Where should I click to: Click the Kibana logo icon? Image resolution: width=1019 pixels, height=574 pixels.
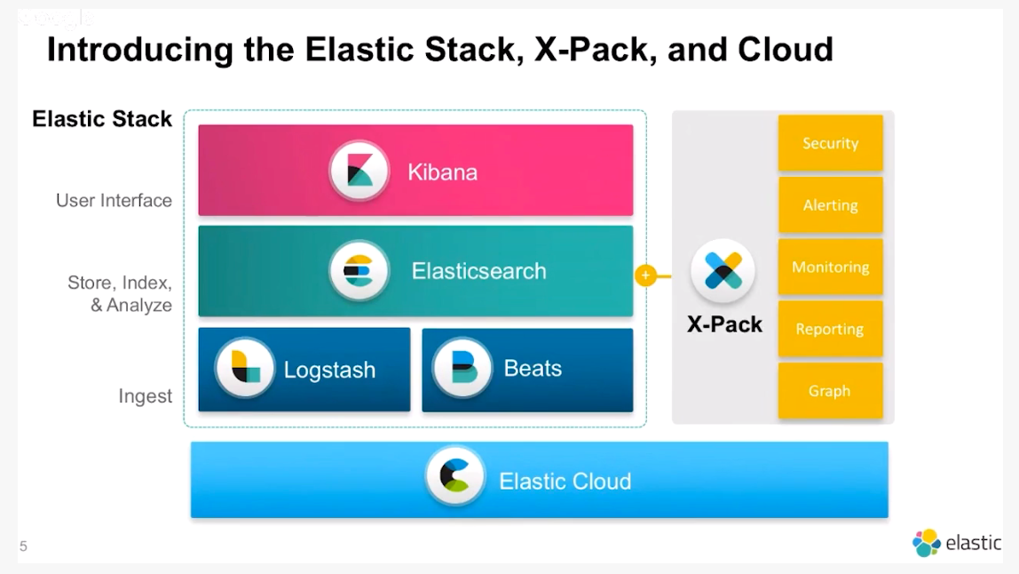[359, 171]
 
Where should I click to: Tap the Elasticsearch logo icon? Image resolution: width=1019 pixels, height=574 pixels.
[359, 271]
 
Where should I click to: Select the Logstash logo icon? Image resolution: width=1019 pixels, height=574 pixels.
[245, 369]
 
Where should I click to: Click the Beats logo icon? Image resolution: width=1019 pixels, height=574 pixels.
[462, 369]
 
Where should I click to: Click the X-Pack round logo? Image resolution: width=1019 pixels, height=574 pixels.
[723, 272]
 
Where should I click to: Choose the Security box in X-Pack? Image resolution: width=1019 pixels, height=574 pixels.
[830, 143]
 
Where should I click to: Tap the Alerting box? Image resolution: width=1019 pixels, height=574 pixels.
[830, 205]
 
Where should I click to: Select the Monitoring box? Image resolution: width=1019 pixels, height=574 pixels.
[830, 267]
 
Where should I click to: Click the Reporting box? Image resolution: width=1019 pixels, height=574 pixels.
[830, 329]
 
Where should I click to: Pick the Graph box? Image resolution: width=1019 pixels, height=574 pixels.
[830, 391]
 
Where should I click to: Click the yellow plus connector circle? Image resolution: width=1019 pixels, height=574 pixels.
[645, 275]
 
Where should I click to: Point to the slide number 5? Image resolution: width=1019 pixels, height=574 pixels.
[23, 546]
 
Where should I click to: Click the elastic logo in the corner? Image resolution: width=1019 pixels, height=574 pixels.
[956, 543]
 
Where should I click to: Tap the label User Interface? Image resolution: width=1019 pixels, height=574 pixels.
[114, 201]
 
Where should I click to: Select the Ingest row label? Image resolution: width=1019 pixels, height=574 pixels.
[146, 396]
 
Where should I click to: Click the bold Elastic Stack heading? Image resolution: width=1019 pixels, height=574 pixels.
[102, 119]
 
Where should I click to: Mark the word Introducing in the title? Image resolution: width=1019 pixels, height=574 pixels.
[141, 50]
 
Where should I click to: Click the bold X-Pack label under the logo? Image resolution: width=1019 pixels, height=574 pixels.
[724, 324]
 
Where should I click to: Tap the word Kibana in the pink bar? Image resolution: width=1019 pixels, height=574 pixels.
[442, 171]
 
